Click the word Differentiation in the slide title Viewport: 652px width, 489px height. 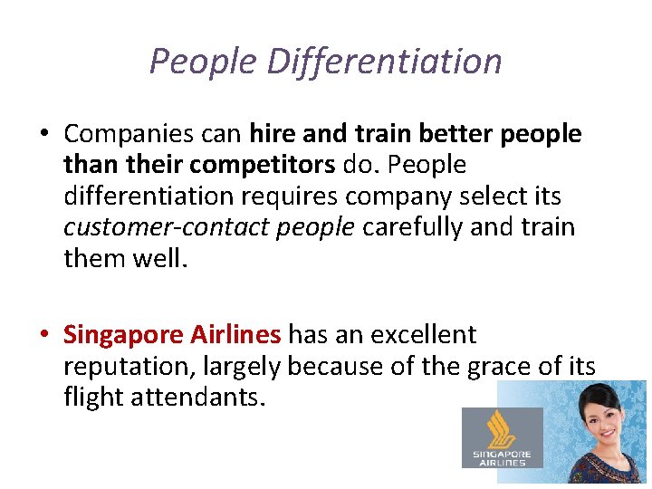coord(385,62)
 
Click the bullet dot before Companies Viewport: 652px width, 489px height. coord(44,135)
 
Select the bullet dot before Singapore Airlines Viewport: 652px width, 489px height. coord(44,336)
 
